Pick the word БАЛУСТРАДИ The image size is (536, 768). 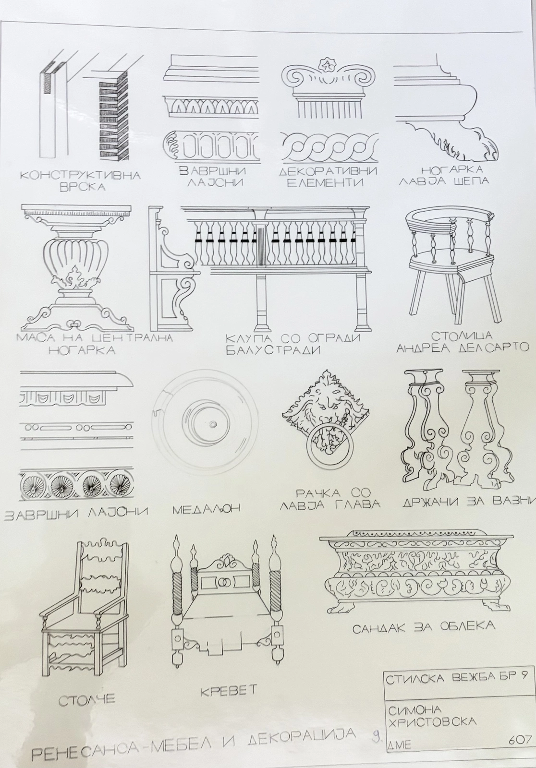pyautogui.click(x=272, y=351)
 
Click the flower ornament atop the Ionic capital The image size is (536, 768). pyautogui.click(x=324, y=65)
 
